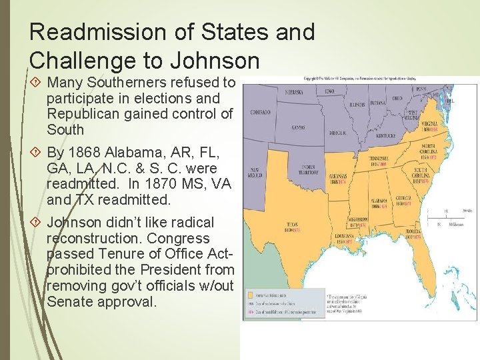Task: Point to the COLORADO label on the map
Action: (260, 112)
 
